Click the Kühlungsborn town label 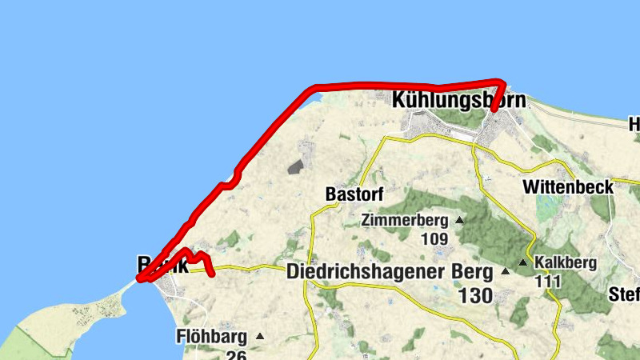tap(459, 101)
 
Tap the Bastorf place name tap(355, 194)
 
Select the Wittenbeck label tap(568, 187)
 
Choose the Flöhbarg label tap(210, 337)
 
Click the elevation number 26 tap(235, 354)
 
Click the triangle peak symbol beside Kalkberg tap(523, 262)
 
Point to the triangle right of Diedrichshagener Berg tap(505, 271)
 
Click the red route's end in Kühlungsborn tap(494, 110)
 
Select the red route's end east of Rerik tap(213, 274)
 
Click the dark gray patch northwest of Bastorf tap(296, 166)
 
